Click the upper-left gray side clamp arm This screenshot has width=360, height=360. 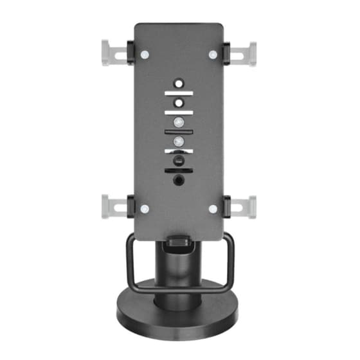[x=113, y=51]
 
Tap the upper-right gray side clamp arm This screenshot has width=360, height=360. [x=245, y=52]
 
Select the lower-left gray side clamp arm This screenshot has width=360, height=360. [x=113, y=206]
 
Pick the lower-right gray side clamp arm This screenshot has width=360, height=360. [x=245, y=206]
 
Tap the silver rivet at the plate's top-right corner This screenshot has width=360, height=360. [x=213, y=54]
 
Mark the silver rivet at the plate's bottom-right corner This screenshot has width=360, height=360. [x=213, y=209]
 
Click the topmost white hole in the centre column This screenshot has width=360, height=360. [x=179, y=84]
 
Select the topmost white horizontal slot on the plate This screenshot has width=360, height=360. [x=179, y=93]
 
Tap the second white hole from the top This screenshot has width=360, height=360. [x=179, y=102]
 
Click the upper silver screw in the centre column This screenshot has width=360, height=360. [x=179, y=122]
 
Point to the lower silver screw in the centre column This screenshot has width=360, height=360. [x=179, y=140]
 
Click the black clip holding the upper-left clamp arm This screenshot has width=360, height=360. [x=130, y=50]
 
